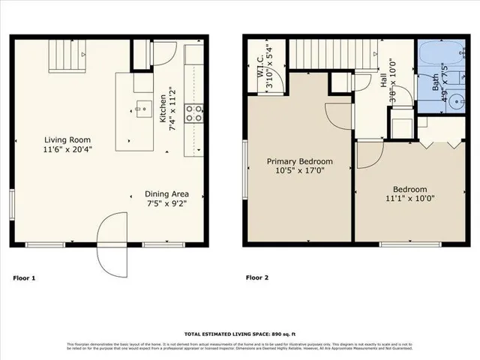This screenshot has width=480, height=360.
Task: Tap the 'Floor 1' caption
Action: (x=24, y=278)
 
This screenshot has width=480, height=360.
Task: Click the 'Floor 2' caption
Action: (x=258, y=278)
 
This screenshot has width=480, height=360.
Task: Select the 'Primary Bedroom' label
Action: (x=300, y=161)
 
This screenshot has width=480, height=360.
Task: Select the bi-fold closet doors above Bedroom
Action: (x=439, y=142)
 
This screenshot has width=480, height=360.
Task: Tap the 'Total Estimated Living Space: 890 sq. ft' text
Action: (x=239, y=334)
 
